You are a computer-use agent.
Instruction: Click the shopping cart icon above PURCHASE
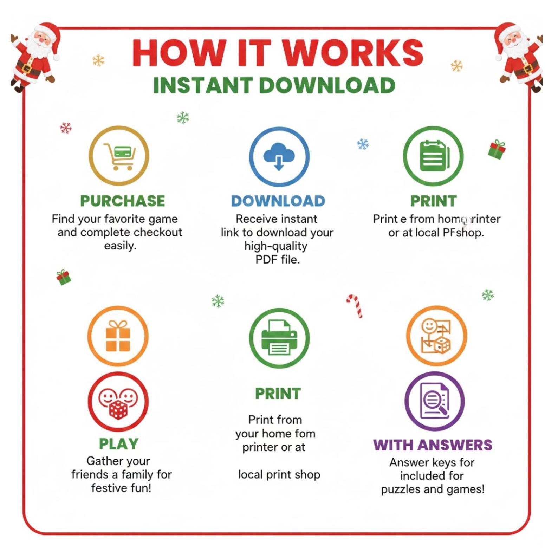point(119,156)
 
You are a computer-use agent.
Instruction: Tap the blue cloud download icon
point(279,157)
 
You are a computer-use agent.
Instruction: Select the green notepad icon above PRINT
point(433,156)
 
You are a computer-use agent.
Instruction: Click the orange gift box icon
point(118,336)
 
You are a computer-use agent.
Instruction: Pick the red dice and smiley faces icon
point(118,402)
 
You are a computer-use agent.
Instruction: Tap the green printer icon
point(279,338)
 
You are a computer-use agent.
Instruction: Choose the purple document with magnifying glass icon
point(434,401)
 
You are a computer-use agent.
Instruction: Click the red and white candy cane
point(355,305)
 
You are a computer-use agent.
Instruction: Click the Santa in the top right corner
point(520,56)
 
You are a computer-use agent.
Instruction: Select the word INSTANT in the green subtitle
point(203,85)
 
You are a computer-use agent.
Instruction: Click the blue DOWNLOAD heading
point(278,201)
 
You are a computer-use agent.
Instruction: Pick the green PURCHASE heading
point(122,201)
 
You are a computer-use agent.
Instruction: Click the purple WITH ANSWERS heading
point(433,445)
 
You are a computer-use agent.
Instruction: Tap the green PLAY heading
point(119,444)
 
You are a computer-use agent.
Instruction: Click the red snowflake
point(66,128)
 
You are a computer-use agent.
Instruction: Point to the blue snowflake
point(363,144)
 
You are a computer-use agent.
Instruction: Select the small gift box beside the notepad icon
point(497,149)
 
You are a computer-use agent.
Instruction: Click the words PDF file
point(277,260)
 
